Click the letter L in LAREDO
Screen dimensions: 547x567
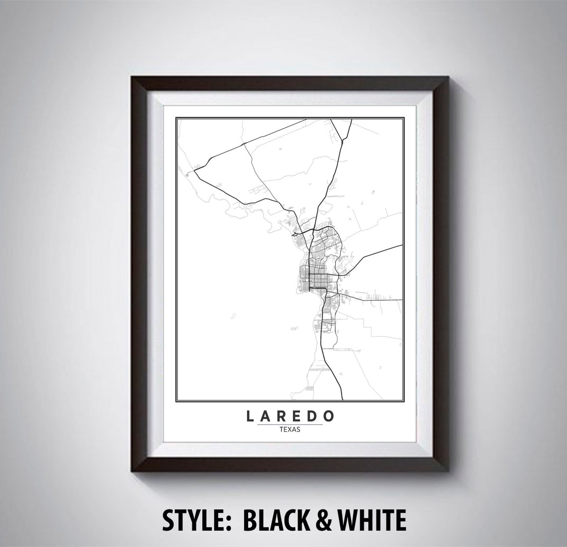(250, 416)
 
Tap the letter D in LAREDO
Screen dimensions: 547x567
(314, 416)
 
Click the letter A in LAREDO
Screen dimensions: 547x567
(266, 416)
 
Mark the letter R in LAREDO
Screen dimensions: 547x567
(282, 416)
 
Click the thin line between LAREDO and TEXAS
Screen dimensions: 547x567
(290, 425)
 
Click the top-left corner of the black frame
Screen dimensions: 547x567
(131, 78)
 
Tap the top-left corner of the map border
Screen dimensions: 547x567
(176, 117)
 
